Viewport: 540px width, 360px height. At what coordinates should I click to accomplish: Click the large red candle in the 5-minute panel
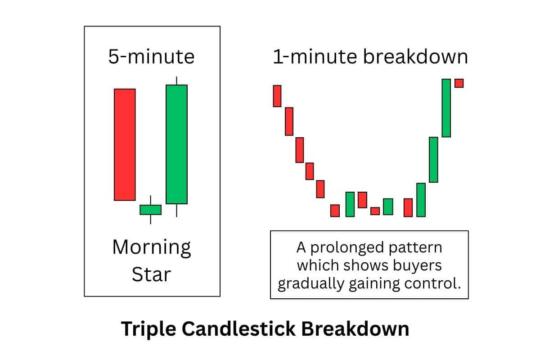pyautogui.click(x=125, y=144)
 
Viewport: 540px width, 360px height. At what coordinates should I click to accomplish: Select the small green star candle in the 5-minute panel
pyautogui.click(x=150, y=209)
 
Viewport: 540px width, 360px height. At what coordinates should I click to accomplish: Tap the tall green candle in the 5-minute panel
pyautogui.click(x=176, y=144)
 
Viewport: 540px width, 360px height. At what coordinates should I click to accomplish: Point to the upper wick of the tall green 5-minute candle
pyautogui.click(x=176, y=81)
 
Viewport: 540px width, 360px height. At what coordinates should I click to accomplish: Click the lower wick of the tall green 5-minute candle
pyautogui.click(x=176, y=210)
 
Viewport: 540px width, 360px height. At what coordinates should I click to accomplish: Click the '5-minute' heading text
pyautogui.click(x=151, y=57)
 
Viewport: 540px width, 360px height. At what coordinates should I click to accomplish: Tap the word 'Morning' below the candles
pyautogui.click(x=152, y=247)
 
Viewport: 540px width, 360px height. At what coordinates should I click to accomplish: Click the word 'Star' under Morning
pyautogui.click(x=151, y=274)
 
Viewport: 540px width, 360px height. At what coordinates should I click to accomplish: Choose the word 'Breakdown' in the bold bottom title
pyautogui.click(x=355, y=329)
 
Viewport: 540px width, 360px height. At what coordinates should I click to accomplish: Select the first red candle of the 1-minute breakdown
pyautogui.click(x=277, y=96)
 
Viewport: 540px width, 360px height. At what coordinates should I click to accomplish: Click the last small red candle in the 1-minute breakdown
pyautogui.click(x=459, y=83)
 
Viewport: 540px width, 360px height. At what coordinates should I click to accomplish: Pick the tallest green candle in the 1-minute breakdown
pyautogui.click(x=446, y=108)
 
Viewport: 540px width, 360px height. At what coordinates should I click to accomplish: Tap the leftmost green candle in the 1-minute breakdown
pyautogui.click(x=350, y=204)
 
